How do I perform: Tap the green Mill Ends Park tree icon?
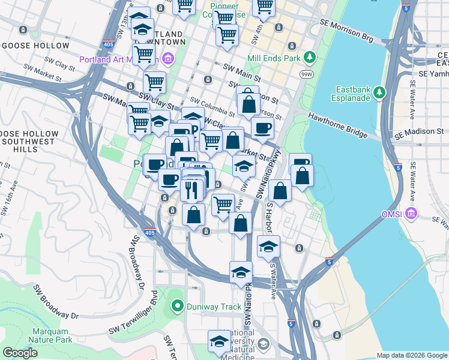coord(310,58)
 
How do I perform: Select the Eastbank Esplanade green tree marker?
coord(379,92)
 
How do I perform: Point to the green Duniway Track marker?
coord(176,307)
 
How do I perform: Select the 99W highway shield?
coord(306,73)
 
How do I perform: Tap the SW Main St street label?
coord(241,74)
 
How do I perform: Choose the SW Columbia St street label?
coord(212,106)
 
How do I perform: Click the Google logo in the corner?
coord(20,353)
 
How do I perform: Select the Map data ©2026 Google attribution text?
coord(411,355)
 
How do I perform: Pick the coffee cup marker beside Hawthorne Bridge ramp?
coord(262,127)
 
